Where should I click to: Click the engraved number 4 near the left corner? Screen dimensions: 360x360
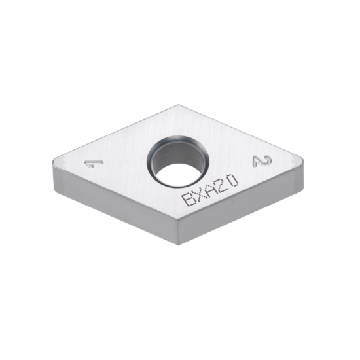click(90, 164)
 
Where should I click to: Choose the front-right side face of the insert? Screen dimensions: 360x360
click(245, 203)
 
